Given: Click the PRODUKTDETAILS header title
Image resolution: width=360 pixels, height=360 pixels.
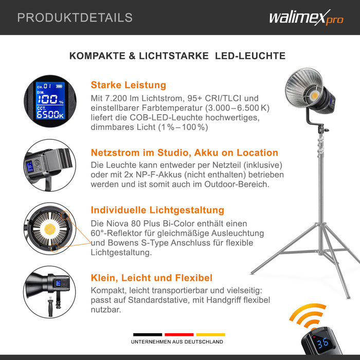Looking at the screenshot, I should pyautogui.click(x=75, y=17).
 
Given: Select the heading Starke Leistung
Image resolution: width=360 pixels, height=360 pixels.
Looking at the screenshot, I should pyautogui.click(x=128, y=85).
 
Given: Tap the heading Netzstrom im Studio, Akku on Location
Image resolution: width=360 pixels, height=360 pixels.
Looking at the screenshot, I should pyautogui.click(x=184, y=153).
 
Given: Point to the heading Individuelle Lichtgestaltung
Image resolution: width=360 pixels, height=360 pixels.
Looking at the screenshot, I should pyautogui.click(x=157, y=210).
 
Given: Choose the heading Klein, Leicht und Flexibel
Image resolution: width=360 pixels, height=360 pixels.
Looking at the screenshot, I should pyautogui.click(x=151, y=278).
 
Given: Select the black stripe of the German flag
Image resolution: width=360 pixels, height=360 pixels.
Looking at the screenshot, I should pyautogui.click(x=148, y=334).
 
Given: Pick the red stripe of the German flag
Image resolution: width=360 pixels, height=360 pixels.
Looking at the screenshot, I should pyautogui.click(x=179, y=334).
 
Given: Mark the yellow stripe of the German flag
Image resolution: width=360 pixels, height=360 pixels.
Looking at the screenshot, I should pyautogui.click(x=210, y=334).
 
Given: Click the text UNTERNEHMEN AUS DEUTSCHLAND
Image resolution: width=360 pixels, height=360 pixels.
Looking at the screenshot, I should pyautogui.click(x=177, y=342).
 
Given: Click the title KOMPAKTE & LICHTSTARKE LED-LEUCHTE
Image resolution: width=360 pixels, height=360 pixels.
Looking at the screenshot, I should pyautogui.click(x=177, y=56).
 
